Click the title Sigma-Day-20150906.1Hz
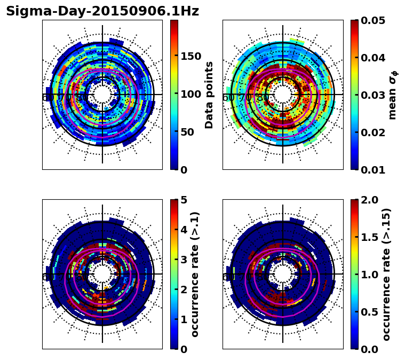click(102, 12)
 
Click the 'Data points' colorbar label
click(209, 95)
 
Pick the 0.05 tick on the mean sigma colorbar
click(372, 20)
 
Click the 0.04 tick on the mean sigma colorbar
click(372, 58)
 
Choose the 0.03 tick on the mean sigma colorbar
click(372, 95)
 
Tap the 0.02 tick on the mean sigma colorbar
click(372, 132)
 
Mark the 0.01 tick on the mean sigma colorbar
click(372, 169)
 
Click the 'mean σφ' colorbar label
click(393, 95)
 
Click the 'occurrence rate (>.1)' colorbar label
click(195, 275)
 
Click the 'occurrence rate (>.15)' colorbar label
click(386, 275)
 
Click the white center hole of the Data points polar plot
click(102, 95)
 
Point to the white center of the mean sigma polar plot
click(283, 95)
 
